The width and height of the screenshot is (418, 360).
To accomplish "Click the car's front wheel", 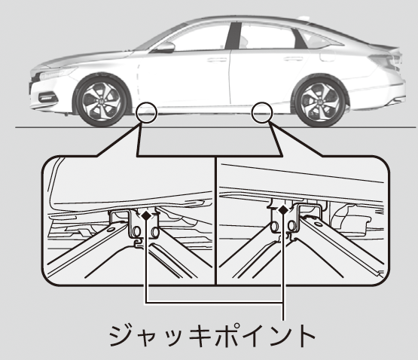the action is click(x=102, y=102).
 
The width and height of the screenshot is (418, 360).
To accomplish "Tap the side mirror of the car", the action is click(x=165, y=47).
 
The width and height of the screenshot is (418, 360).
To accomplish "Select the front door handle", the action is click(x=217, y=59).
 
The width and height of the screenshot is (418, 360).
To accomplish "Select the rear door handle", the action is click(x=293, y=59).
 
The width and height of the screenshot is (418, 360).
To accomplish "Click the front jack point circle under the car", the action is click(x=147, y=113).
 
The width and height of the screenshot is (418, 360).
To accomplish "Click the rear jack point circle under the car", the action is click(x=262, y=112).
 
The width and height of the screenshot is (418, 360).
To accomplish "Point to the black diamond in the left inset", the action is click(x=146, y=215).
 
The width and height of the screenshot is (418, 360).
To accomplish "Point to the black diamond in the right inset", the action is click(x=283, y=210).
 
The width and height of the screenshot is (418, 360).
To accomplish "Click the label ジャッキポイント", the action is click(x=212, y=335).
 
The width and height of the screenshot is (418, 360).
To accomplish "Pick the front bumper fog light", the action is click(x=48, y=97).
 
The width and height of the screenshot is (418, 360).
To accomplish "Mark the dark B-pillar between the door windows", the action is click(x=233, y=35).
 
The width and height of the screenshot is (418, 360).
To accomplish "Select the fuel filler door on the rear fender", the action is click(x=328, y=56).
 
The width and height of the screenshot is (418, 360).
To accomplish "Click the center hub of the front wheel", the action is click(x=102, y=102).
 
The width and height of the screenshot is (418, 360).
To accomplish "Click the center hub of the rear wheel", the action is click(x=320, y=103).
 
